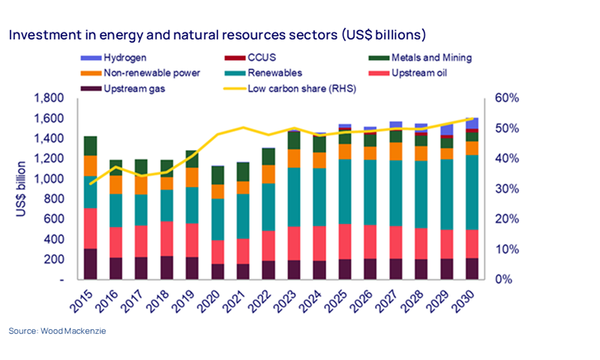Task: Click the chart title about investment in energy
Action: [x=217, y=34]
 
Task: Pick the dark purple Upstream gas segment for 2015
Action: [x=90, y=263]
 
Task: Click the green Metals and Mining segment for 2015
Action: [x=90, y=145]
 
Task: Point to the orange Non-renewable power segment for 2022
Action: [x=268, y=174]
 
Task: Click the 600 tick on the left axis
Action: [x=58, y=219]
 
